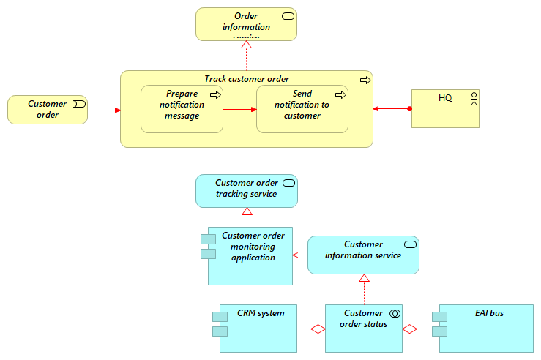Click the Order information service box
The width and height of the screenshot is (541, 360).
point(246,23)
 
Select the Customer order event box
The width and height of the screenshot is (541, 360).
point(48,110)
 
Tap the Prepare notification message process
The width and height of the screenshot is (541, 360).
point(182,109)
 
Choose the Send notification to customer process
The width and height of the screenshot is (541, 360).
point(302,109)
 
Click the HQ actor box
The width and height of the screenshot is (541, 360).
point(445,109)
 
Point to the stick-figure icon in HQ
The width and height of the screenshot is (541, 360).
point(473,97)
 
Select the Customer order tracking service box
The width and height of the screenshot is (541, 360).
point(247,190)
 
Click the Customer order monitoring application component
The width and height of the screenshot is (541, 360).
point(250,255)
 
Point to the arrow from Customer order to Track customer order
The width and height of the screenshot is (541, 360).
point(104,110)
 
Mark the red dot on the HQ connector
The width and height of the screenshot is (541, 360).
point(410,109)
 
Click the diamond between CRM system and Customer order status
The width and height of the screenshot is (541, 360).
point(318,329)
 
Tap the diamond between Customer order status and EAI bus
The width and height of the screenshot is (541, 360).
point(409,329)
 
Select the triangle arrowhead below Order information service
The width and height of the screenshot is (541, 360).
point(247,45)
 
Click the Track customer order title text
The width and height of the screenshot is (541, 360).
point(247,79)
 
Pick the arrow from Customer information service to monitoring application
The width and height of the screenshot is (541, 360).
point(300,255)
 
